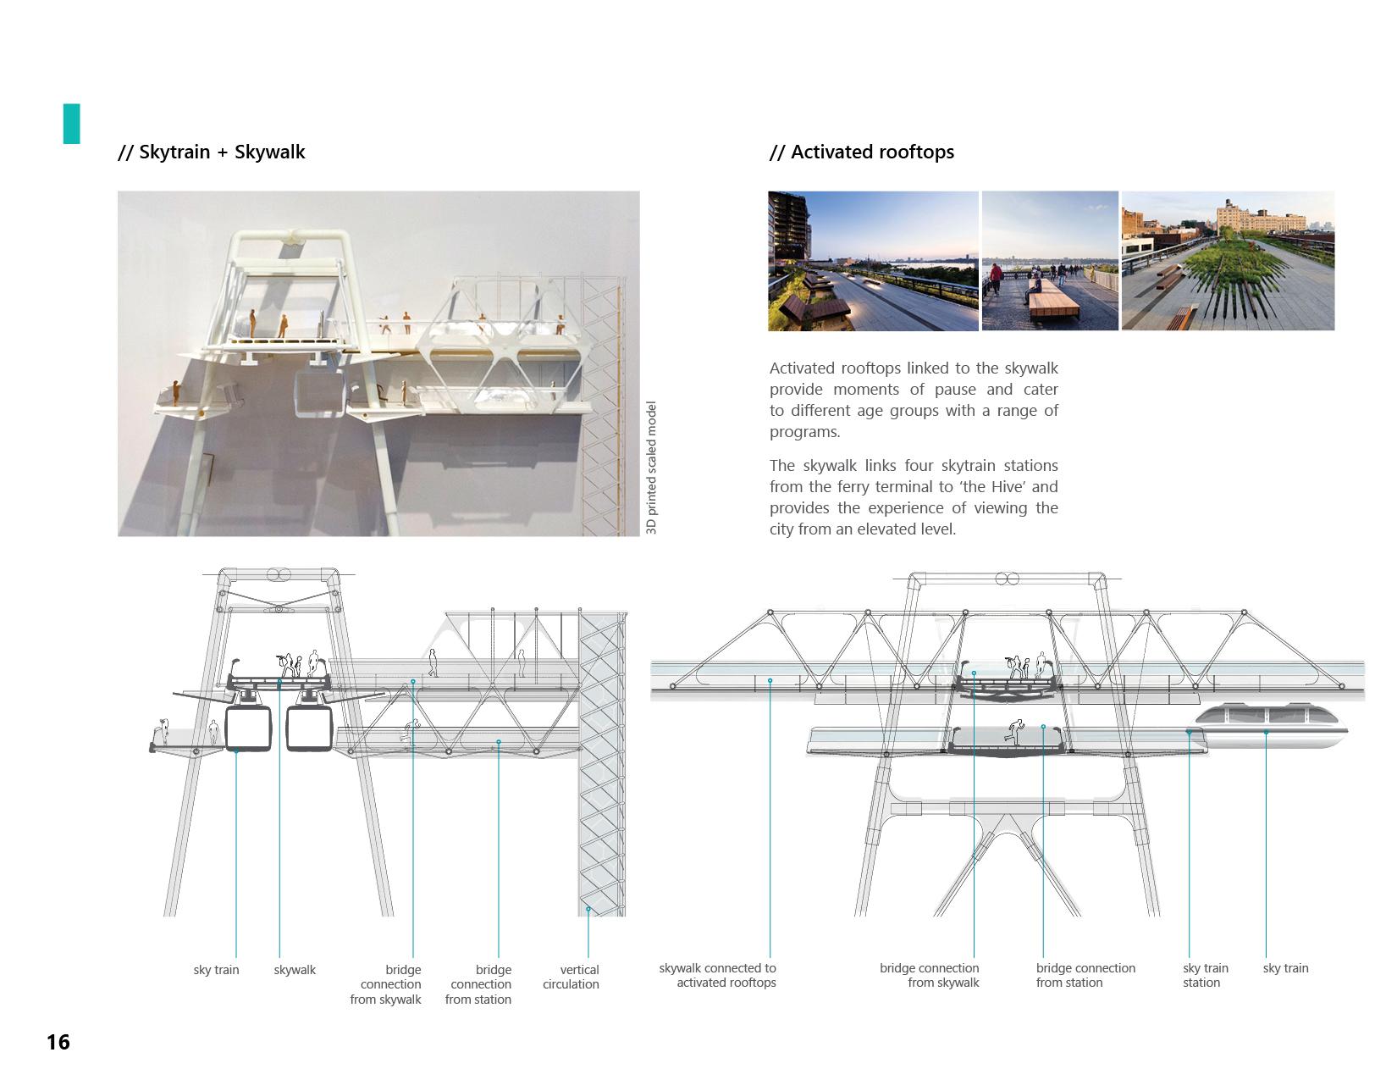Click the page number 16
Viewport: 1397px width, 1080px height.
(x=58, y=1042)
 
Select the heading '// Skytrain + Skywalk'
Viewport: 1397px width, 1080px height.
(x=212, y=152)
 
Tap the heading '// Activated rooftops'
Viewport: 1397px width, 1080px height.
(x=862, y=152)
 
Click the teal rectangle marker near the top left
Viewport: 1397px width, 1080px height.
(x=71, y=124)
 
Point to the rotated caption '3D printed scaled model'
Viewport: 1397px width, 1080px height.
(x=651, y=468)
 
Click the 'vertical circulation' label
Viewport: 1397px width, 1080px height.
(x=571, y=977)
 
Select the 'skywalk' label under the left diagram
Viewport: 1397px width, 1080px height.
(x=295, y=970)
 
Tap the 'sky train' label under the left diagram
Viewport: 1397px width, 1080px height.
(x=216, y=970)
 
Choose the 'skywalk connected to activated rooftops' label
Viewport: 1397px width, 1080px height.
(x=718, y=976)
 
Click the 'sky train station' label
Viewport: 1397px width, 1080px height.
(x=1204, y=976)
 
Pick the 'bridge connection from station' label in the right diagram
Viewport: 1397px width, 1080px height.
(x=1085, y=976)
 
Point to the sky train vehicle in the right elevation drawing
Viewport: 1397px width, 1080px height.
(x=1270, y=727)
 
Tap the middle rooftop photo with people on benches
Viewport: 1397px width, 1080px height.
(x=1050, y=261)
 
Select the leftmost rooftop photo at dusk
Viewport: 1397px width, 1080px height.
(x=873, y=261)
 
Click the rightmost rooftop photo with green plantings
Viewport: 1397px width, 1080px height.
(x=1228, y=261)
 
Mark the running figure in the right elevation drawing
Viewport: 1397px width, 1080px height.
(x=1013, y=730)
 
